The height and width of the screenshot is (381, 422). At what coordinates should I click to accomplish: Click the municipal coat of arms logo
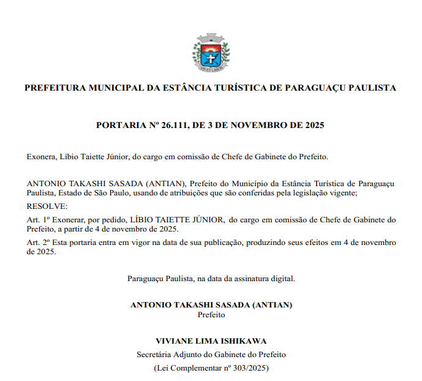(211, 50)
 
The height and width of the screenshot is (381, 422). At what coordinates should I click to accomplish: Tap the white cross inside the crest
(211, 58)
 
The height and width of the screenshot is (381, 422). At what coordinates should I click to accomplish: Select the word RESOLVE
(48, 206)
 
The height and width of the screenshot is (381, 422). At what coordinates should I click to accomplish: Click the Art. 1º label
(39, 219)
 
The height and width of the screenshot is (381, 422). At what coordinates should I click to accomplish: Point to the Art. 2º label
(39, 243)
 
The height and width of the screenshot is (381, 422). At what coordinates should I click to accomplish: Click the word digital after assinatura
(283, 278)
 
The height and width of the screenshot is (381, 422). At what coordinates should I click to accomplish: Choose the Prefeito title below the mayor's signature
(211, 315)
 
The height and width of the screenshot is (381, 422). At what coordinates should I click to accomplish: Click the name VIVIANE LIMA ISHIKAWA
(211, 341)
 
